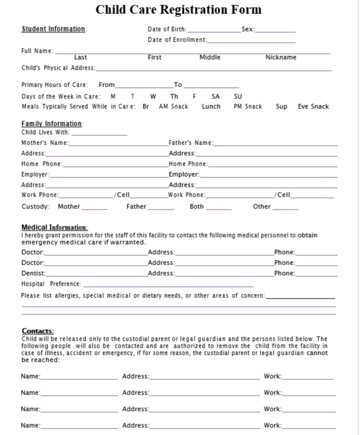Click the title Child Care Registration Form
178,9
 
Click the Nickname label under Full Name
281,57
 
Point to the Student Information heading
53,29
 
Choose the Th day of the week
174,96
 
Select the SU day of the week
238,96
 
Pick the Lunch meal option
211,107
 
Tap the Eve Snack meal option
313,107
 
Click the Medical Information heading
54,227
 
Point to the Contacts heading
38,331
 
